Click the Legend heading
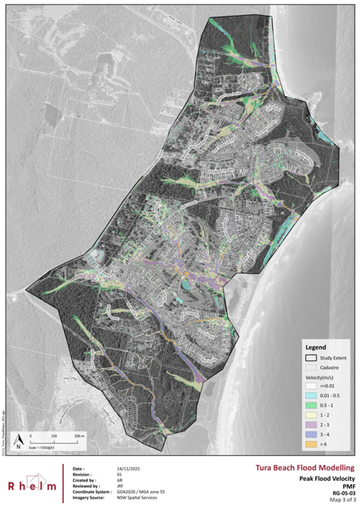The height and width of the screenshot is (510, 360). point(315,346)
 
